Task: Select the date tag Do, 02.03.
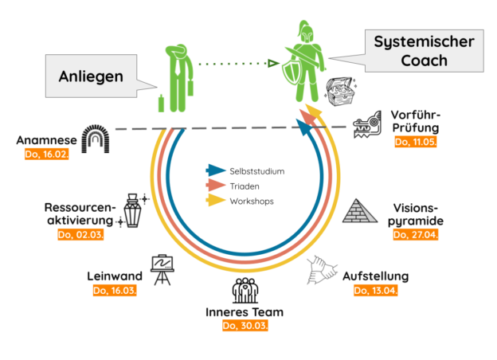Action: click(x=81, y=235)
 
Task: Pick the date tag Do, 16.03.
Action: click(x=115, y=291)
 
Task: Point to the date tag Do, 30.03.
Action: click(x=243, y=326)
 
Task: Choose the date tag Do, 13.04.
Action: click(x=375, y=291)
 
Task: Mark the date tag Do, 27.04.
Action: click(x=416, y=235)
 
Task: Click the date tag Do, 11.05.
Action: click(x=416, y=142)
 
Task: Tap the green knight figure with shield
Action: click(x=302, y=66)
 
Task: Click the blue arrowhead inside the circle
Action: click(x=216, y=170)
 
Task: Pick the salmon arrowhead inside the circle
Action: click(x=216, y=185)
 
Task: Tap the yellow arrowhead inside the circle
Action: click(x=216, y=200)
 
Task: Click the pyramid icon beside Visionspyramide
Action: click(x=362, y=210)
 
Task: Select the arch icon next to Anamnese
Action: click(x=99, y=140)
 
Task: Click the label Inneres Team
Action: click(x=244, y=311)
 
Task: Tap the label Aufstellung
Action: click(x=376, y=276)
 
